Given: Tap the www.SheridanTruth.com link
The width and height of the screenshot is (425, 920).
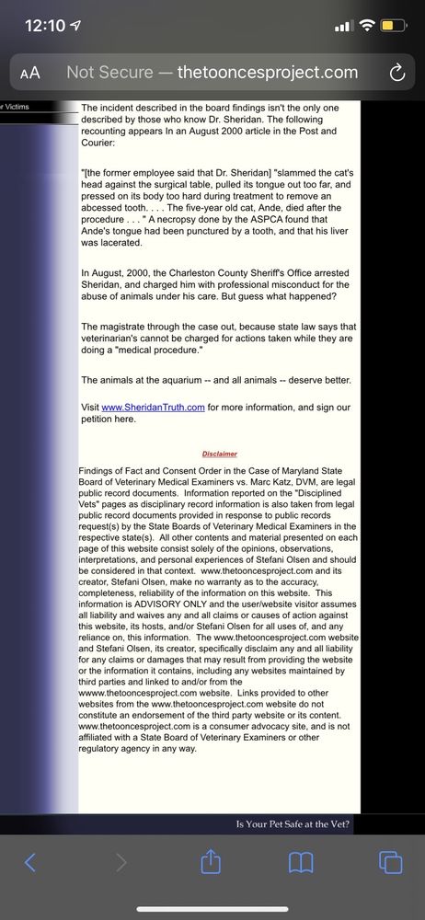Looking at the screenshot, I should [153, 408].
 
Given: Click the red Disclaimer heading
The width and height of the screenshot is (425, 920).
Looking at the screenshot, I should [220, 454].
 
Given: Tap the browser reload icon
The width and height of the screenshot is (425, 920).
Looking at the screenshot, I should [397, 73].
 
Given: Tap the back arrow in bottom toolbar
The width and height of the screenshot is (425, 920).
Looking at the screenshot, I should [30, 862].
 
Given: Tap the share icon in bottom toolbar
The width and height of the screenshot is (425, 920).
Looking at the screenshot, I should [210, 861].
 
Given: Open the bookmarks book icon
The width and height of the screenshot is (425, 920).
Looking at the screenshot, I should [301, 862].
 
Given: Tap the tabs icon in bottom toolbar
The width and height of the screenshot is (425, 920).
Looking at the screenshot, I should [390, 862].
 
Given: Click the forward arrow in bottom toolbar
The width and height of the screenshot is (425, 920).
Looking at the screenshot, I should [121, 862].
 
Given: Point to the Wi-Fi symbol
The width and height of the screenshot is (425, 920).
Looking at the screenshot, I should [368, 25].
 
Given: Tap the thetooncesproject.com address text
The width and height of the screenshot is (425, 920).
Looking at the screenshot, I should [267, 73].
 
